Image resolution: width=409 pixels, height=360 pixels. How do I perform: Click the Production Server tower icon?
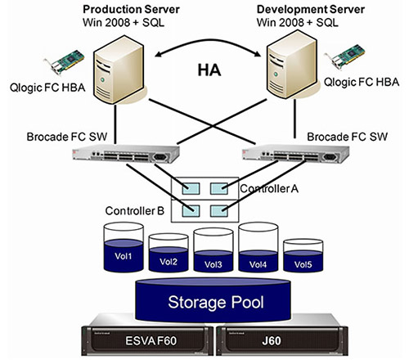pos(119,70)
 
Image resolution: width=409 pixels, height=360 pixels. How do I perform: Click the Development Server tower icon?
pos(292,65)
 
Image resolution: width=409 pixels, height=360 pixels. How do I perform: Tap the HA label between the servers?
pos(209,70)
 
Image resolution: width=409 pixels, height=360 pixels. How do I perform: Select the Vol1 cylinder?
pos(124,247)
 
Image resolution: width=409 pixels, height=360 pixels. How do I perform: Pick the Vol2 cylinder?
pos(169,253)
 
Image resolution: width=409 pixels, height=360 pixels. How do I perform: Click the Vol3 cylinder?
pos(213,250)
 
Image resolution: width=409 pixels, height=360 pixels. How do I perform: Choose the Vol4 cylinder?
pos(258,247)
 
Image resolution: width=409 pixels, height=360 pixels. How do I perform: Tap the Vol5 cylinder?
pos(303,255)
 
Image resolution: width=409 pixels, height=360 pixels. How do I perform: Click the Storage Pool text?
pos(216,302)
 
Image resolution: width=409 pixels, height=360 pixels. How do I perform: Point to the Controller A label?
pos(269,188)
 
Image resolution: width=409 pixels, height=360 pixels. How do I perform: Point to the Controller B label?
pos(135,211)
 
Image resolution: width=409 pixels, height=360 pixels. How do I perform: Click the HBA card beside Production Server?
pos(65,61)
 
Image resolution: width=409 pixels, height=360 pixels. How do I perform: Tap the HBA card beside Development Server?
pos(345,56)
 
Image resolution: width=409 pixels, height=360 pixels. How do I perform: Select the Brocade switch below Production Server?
pos(126,154)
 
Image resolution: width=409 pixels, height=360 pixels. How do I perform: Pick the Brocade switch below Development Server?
pos(295,154)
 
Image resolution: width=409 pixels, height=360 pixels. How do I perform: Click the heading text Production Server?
pos(131,10)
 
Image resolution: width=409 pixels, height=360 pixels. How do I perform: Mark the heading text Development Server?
pos(311,10)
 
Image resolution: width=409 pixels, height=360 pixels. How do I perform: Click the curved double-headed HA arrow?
pos(208,40)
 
